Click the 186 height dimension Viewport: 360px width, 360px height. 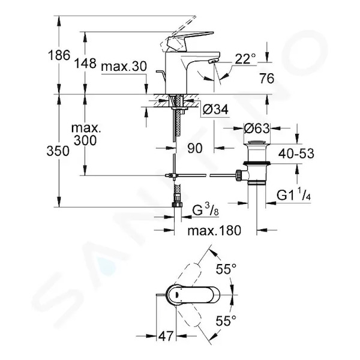click(59, 55)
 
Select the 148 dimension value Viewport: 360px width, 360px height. click(85, 63)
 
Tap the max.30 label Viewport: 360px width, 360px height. click(124, 67)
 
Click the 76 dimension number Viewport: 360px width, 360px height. click(267, 79)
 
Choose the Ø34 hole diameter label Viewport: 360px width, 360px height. click(216, 109)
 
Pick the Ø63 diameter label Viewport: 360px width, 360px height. click(257, 128)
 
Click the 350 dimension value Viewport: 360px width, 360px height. click(58, 151)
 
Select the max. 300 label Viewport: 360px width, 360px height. click(86, 134)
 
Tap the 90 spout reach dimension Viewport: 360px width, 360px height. click(195, 148)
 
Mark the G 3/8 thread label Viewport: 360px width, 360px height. click(205, 211)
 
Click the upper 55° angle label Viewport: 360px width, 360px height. click(226, 269)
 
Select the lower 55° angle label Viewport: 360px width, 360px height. click(226, 321)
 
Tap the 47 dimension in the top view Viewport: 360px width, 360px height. click(166, 337)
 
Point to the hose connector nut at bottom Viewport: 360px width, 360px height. click(178, 205)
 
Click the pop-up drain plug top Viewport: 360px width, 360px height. click(257, 143)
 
